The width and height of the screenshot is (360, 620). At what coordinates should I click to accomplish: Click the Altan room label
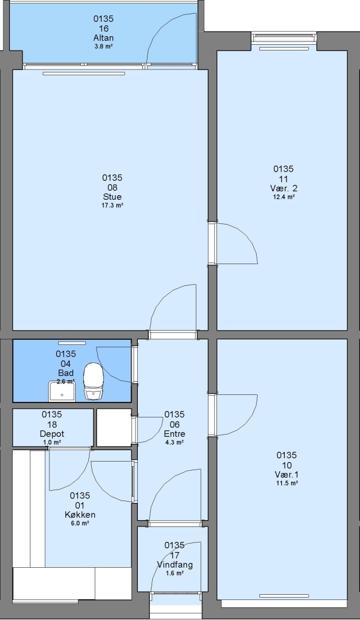[104, 38]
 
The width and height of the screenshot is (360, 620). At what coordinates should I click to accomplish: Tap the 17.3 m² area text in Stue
[113, 205]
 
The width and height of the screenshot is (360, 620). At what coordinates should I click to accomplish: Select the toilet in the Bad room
[94, 380]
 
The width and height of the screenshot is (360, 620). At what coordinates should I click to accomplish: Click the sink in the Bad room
[62, 392]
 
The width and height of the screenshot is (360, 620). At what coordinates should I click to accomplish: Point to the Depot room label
[52, 434]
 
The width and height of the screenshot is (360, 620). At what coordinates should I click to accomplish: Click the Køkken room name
[80, 515]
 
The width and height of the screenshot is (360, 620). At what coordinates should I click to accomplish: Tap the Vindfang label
[175, 565]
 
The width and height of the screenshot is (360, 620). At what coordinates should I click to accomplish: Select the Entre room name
[175, 434]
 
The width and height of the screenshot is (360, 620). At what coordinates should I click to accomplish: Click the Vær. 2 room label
[284, 188]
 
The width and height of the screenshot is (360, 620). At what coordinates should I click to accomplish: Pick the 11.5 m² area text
[287, 483]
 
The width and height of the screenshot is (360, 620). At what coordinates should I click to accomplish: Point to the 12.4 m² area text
[284, 197]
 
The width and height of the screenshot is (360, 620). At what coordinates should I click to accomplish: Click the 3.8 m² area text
[104, 46]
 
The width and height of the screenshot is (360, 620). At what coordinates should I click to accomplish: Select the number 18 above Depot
[52, 424]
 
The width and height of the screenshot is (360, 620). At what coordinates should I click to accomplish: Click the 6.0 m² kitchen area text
[80, 523]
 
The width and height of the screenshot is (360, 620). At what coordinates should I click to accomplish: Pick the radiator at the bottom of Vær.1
[284, 596]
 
